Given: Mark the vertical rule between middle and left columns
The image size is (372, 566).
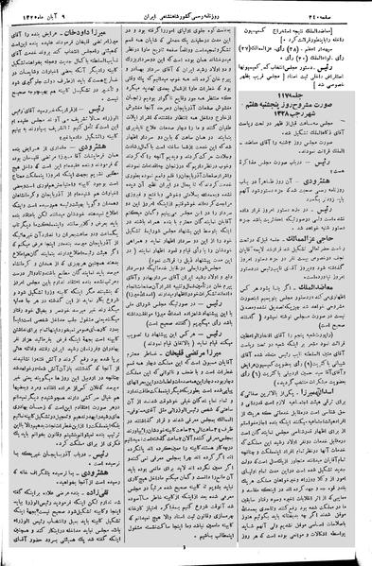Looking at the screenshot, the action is pos(126,283).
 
